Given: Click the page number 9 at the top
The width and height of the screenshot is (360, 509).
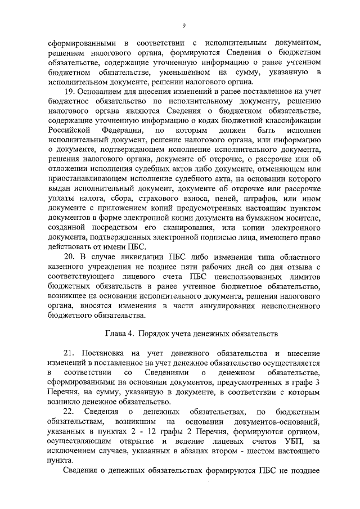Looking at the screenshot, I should [184, 25].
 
